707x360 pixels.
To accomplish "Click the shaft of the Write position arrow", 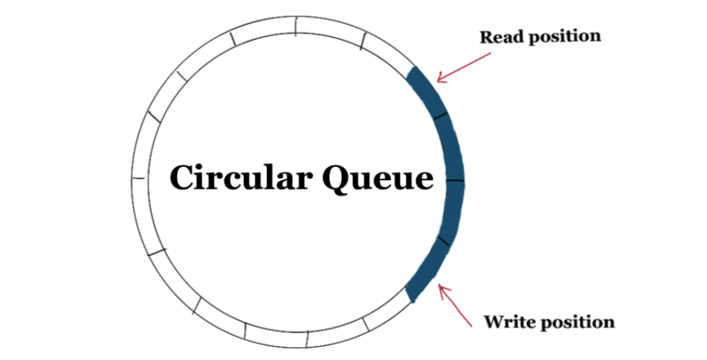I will [x=458, y=308].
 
